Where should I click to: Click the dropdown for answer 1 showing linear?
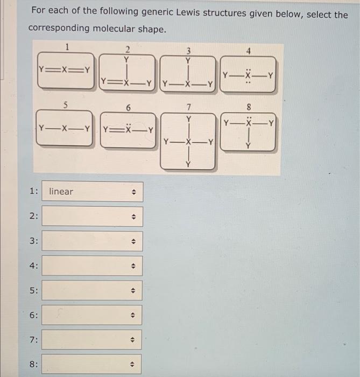93,191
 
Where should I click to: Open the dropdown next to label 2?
93,216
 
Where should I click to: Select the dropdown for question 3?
93,241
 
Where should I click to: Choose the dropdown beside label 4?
93,266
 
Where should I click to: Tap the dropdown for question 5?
93,290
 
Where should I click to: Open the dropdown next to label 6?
93,315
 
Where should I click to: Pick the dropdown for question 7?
93,340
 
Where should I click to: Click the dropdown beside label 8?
93,364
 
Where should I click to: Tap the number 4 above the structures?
249,52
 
